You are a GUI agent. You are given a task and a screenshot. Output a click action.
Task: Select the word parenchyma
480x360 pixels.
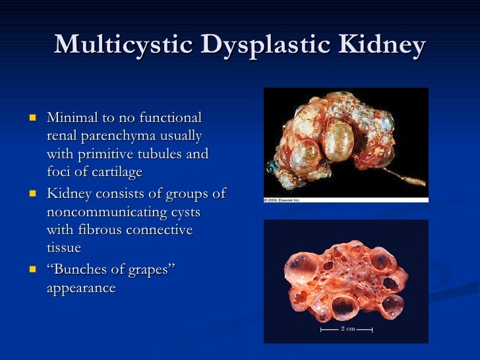(x=122, y=136)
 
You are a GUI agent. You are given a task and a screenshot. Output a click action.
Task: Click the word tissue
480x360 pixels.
(x=64, y=248)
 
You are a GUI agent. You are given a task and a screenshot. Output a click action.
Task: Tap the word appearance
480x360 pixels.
(x=81, y=288)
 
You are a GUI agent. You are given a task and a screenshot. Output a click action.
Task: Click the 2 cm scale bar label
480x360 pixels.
(x=346, y=328)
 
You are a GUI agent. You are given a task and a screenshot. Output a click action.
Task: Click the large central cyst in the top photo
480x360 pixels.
(x=336, y=140)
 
